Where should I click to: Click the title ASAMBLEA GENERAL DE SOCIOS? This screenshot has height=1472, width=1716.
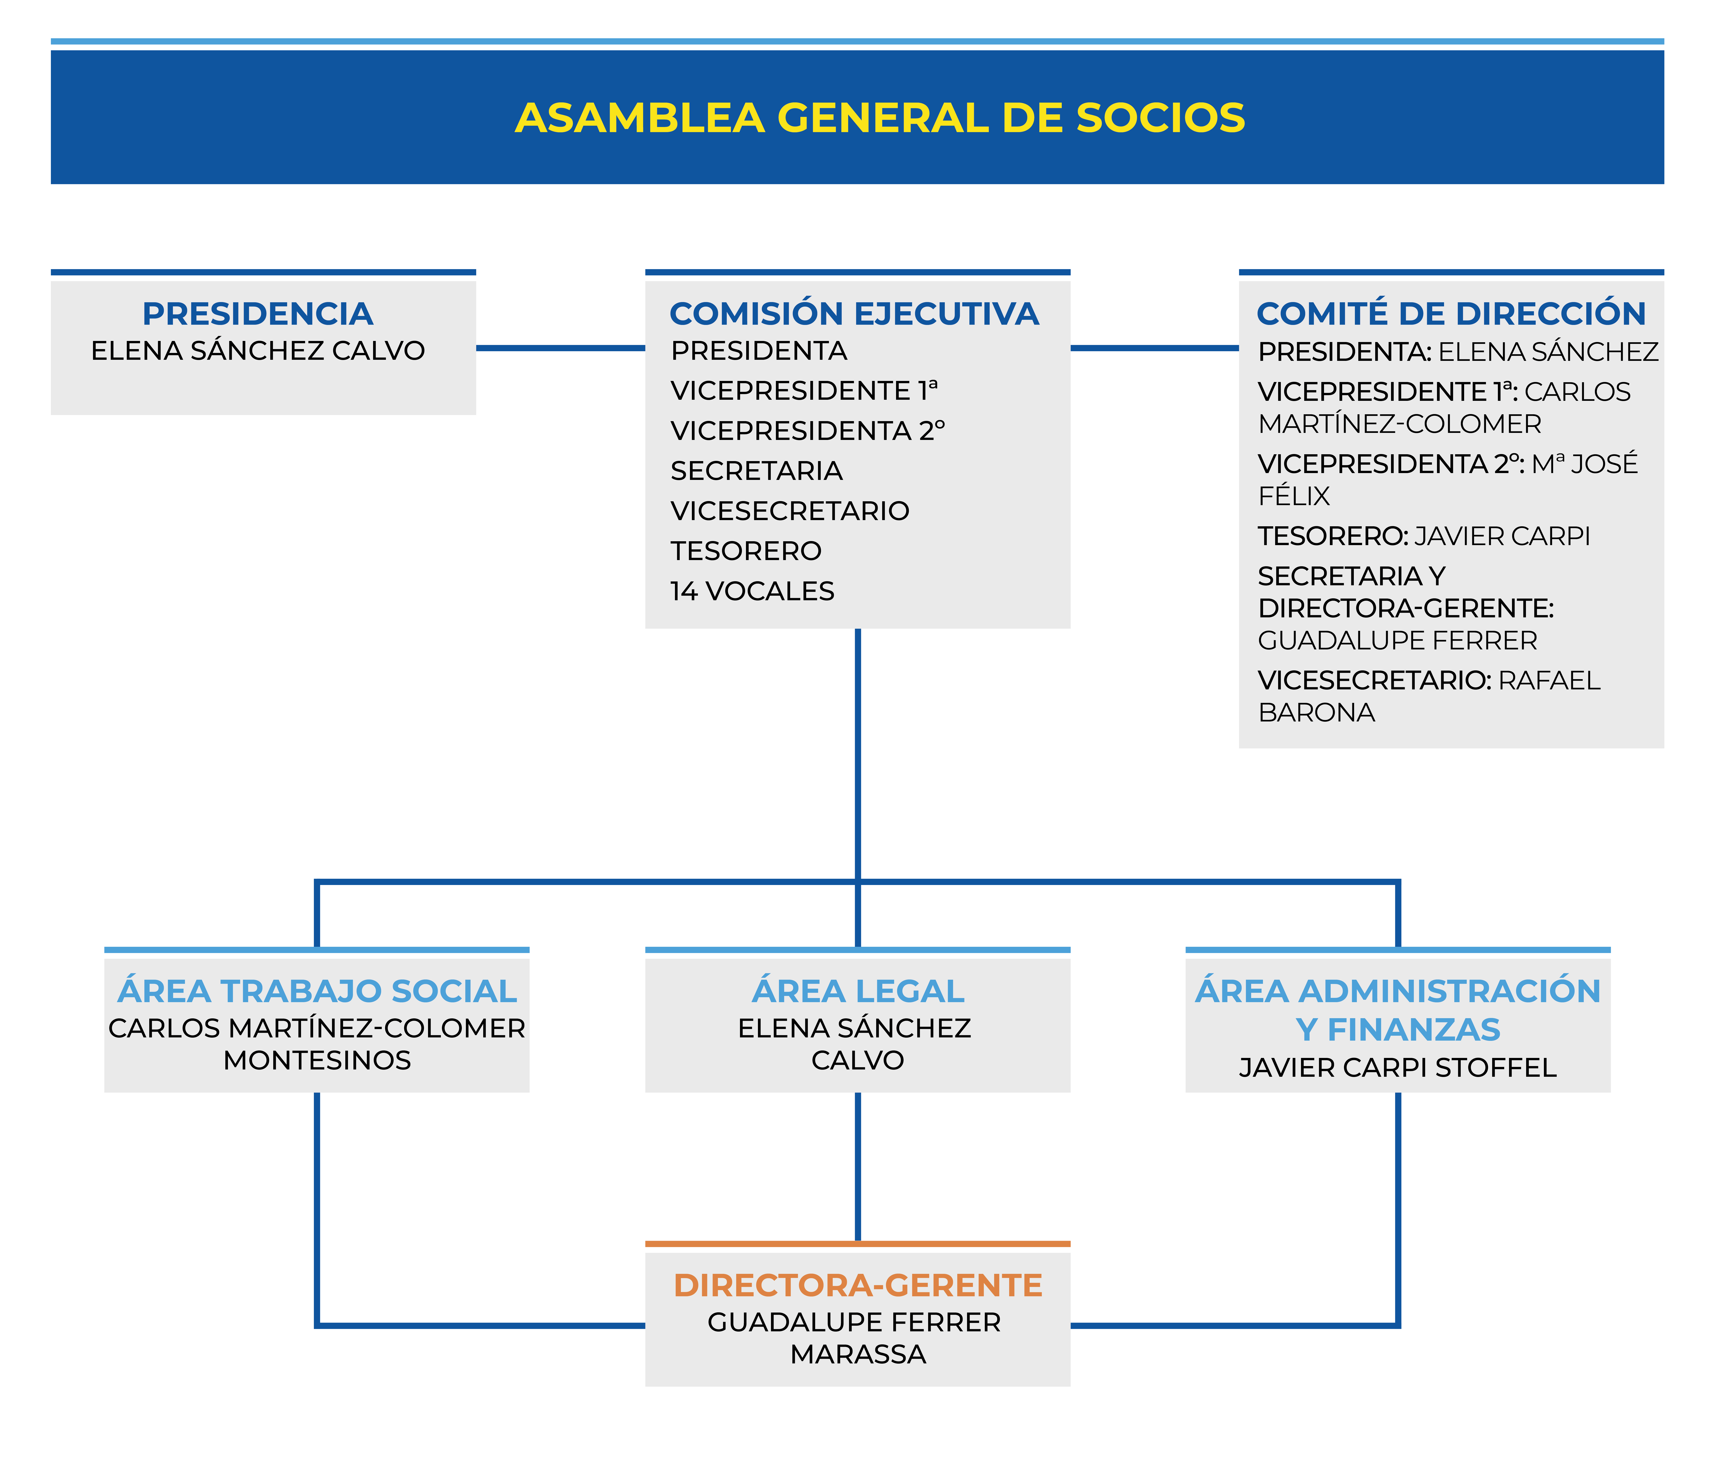[x=880, y=118]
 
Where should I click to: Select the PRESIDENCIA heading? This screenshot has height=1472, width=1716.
[x=258, y=314]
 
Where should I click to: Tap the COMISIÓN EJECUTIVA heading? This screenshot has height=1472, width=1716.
[x=854, y=314]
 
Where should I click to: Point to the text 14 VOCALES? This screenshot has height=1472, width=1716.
[x=752, y=591]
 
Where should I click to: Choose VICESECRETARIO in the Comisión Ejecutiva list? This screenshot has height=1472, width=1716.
[x=789, y=511]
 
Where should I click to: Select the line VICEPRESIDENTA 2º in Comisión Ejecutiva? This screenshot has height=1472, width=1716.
[x=808, y=431]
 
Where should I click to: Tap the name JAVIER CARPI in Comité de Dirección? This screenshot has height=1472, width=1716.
[x=1502, y=537]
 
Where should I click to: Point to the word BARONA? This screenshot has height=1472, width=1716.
[x=1316, y=713]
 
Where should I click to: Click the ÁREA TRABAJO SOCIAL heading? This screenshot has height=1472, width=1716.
[x=317, y=991]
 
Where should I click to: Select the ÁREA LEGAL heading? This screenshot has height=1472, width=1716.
[x=858, y=991]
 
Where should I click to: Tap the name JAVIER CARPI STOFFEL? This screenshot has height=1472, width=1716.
[x=1397, y=1068]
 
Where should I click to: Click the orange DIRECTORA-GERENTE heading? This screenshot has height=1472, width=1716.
[x=858, y=1286]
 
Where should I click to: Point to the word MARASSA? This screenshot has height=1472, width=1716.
[x=858, y=1354]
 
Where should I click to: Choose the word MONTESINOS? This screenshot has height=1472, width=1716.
[x=317, y=1060]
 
